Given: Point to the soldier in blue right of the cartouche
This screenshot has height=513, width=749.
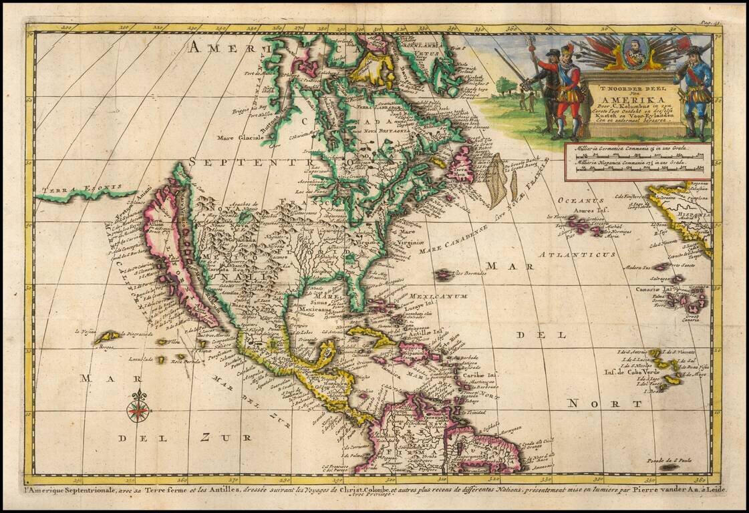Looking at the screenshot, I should [693, 87].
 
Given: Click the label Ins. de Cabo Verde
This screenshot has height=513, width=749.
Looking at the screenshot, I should [631, 372].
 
